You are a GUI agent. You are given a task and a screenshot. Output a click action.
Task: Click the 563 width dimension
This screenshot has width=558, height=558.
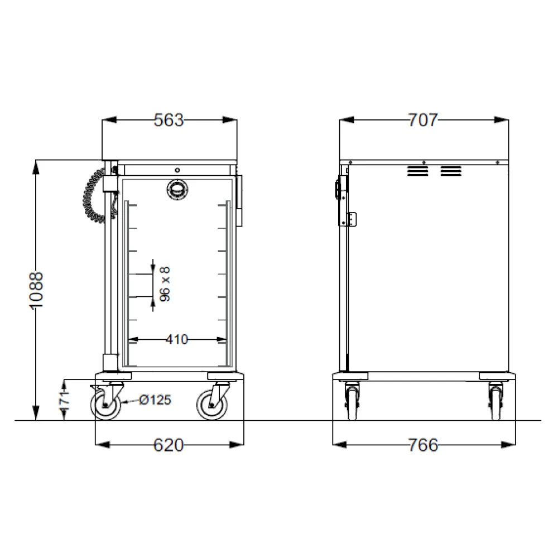point(169,120)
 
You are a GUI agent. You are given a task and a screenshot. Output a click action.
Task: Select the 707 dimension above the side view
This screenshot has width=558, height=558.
point(423,120)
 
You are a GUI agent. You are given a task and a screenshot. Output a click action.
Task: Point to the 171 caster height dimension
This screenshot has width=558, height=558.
point(64,400)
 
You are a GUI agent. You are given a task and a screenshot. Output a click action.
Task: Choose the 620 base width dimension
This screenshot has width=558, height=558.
point(169,445)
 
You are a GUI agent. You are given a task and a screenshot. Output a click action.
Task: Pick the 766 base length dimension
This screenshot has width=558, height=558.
point(423,445)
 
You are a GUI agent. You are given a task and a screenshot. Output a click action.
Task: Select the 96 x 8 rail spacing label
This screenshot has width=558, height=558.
point(165,284)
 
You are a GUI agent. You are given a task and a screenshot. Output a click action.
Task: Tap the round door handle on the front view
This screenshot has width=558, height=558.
point(177,190)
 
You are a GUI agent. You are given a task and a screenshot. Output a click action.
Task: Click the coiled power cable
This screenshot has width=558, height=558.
point(93,195)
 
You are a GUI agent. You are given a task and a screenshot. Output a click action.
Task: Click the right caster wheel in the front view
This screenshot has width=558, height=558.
point(212,405)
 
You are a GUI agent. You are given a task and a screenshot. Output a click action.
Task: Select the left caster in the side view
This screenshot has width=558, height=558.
point(352,403)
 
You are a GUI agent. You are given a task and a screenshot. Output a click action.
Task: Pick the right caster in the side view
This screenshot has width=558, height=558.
point(495,403)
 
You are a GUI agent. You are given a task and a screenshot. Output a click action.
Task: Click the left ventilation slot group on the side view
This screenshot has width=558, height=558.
point(417,171)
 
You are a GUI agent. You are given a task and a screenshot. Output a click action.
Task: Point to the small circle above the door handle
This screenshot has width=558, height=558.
point(177,170)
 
